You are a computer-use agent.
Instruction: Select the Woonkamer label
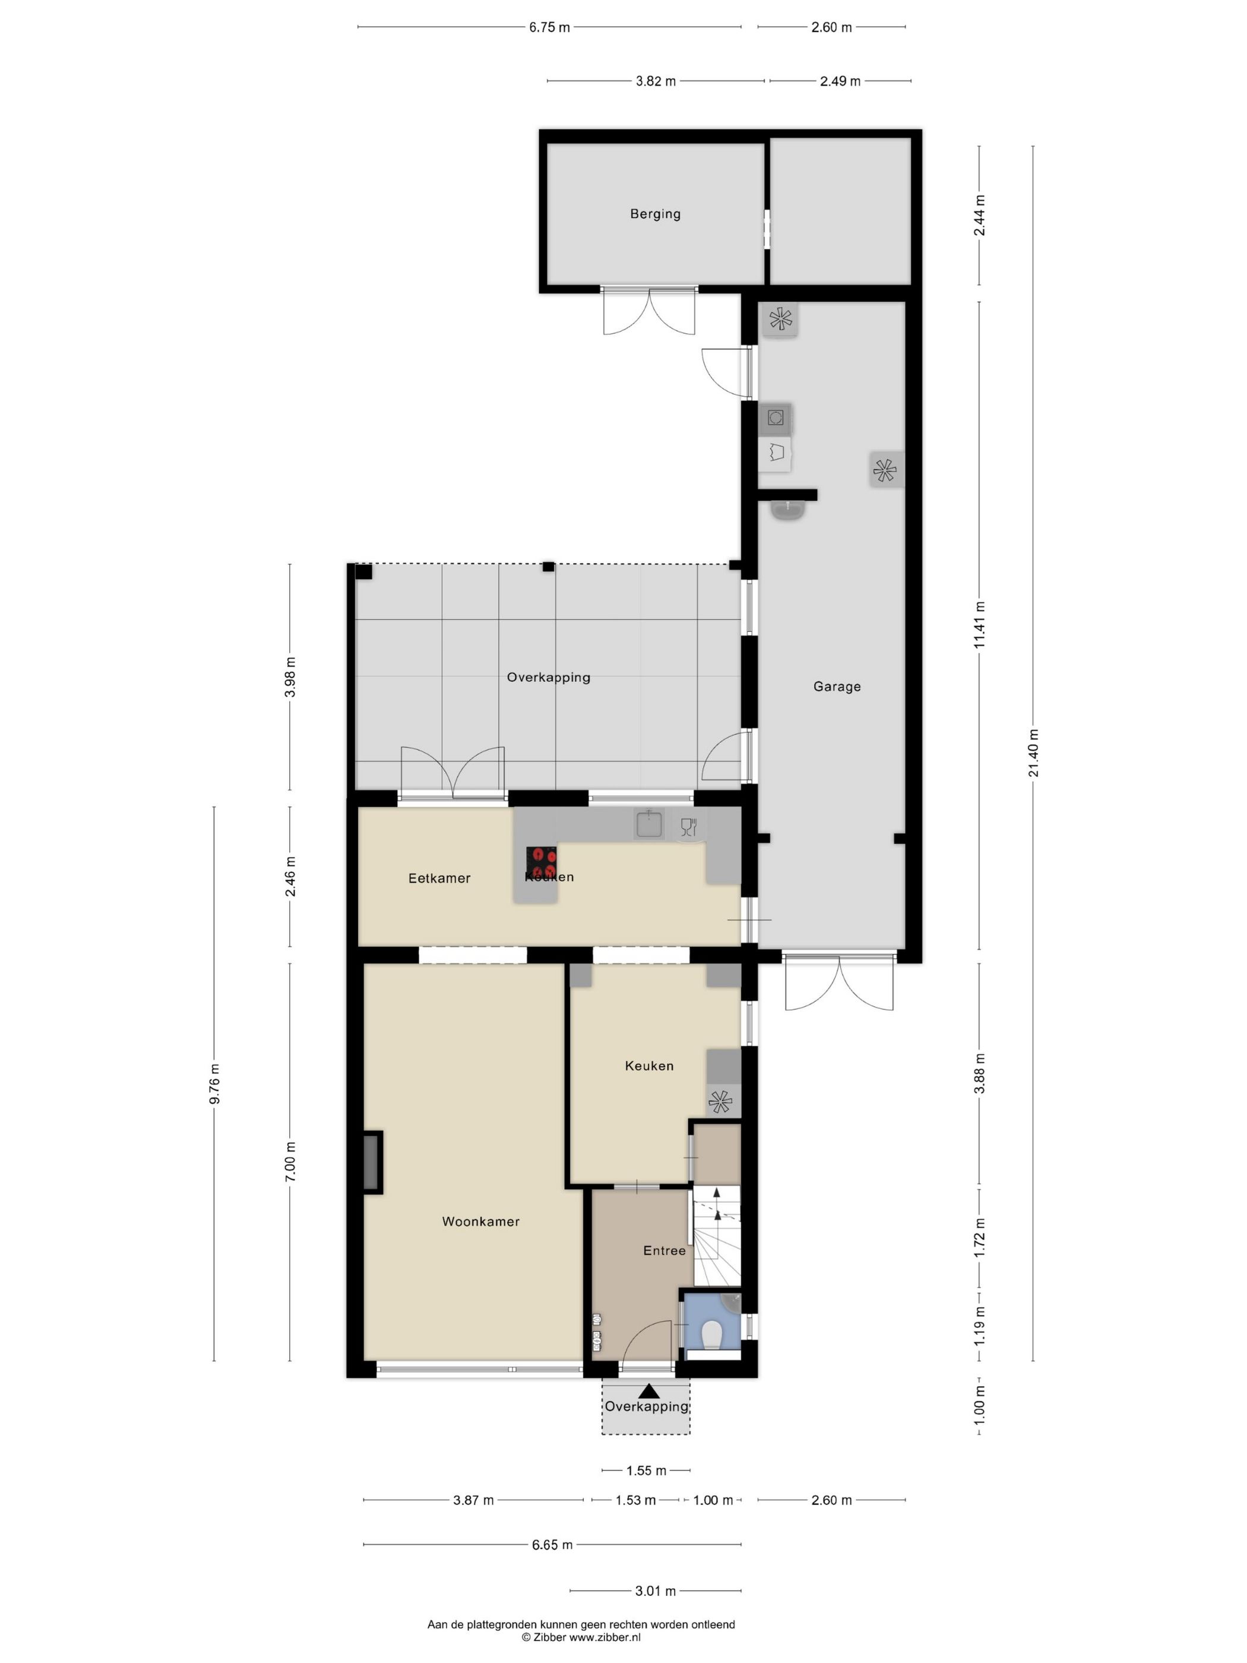point(480,1222)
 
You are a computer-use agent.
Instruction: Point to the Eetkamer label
point(439,878)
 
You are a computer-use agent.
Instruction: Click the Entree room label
point(664,1250)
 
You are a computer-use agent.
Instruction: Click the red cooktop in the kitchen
point(540,862)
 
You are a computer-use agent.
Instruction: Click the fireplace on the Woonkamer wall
point(371,1162)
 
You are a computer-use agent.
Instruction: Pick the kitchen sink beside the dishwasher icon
point(647,824)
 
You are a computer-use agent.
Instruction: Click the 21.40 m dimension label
point(1033,753)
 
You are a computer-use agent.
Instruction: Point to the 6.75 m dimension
point(549,28)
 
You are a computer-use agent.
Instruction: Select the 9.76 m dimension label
point(214,1084)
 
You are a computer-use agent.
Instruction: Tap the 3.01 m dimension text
point(655,1591)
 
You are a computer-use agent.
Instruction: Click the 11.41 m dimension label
point(979,625)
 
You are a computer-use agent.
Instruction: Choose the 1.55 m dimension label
point(645,1471)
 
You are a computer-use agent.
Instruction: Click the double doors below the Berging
point(650,311)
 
